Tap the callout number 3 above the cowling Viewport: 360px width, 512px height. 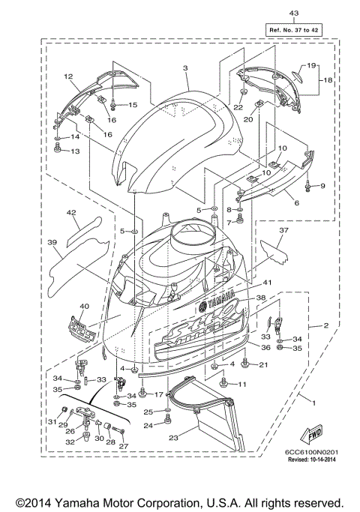tap(184, 68)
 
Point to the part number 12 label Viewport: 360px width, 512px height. tap(67, 76)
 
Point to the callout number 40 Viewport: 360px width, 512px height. tap(83, 306)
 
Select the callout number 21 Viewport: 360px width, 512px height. tap(263, 364)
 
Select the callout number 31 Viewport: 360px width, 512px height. tap(52, 421)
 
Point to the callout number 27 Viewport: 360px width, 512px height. tap(123, 447)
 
